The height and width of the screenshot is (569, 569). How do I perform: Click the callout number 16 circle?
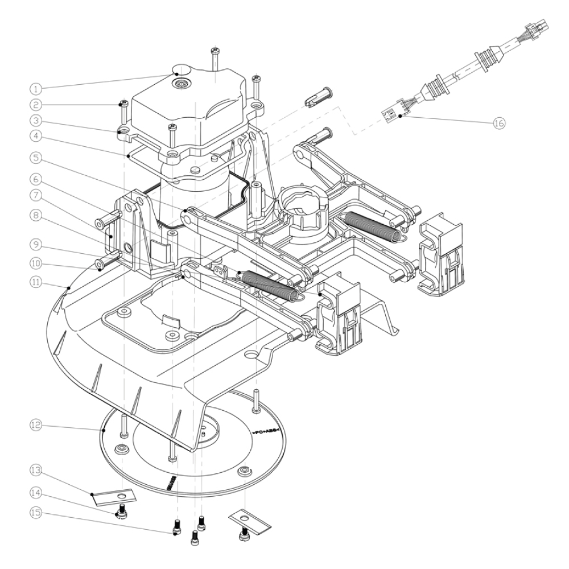[x=500, y=123]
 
